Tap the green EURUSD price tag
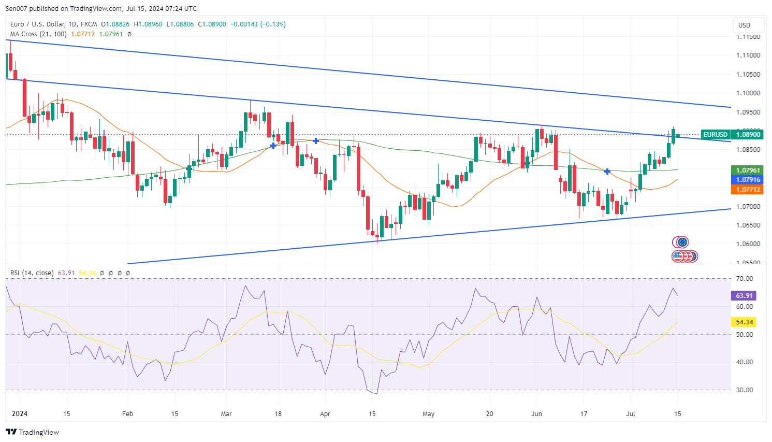715,135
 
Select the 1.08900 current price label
748,135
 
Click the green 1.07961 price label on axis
748,170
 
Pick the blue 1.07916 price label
748,180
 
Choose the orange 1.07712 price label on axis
748,190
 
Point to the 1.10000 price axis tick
748,93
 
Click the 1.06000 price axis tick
748,244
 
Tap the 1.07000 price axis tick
748,206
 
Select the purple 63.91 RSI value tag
744,296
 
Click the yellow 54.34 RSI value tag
744,322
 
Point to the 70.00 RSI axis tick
745,279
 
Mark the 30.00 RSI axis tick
745,390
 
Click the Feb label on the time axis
127,414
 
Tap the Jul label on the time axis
631,414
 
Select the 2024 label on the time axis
20,414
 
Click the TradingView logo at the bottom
33,432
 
